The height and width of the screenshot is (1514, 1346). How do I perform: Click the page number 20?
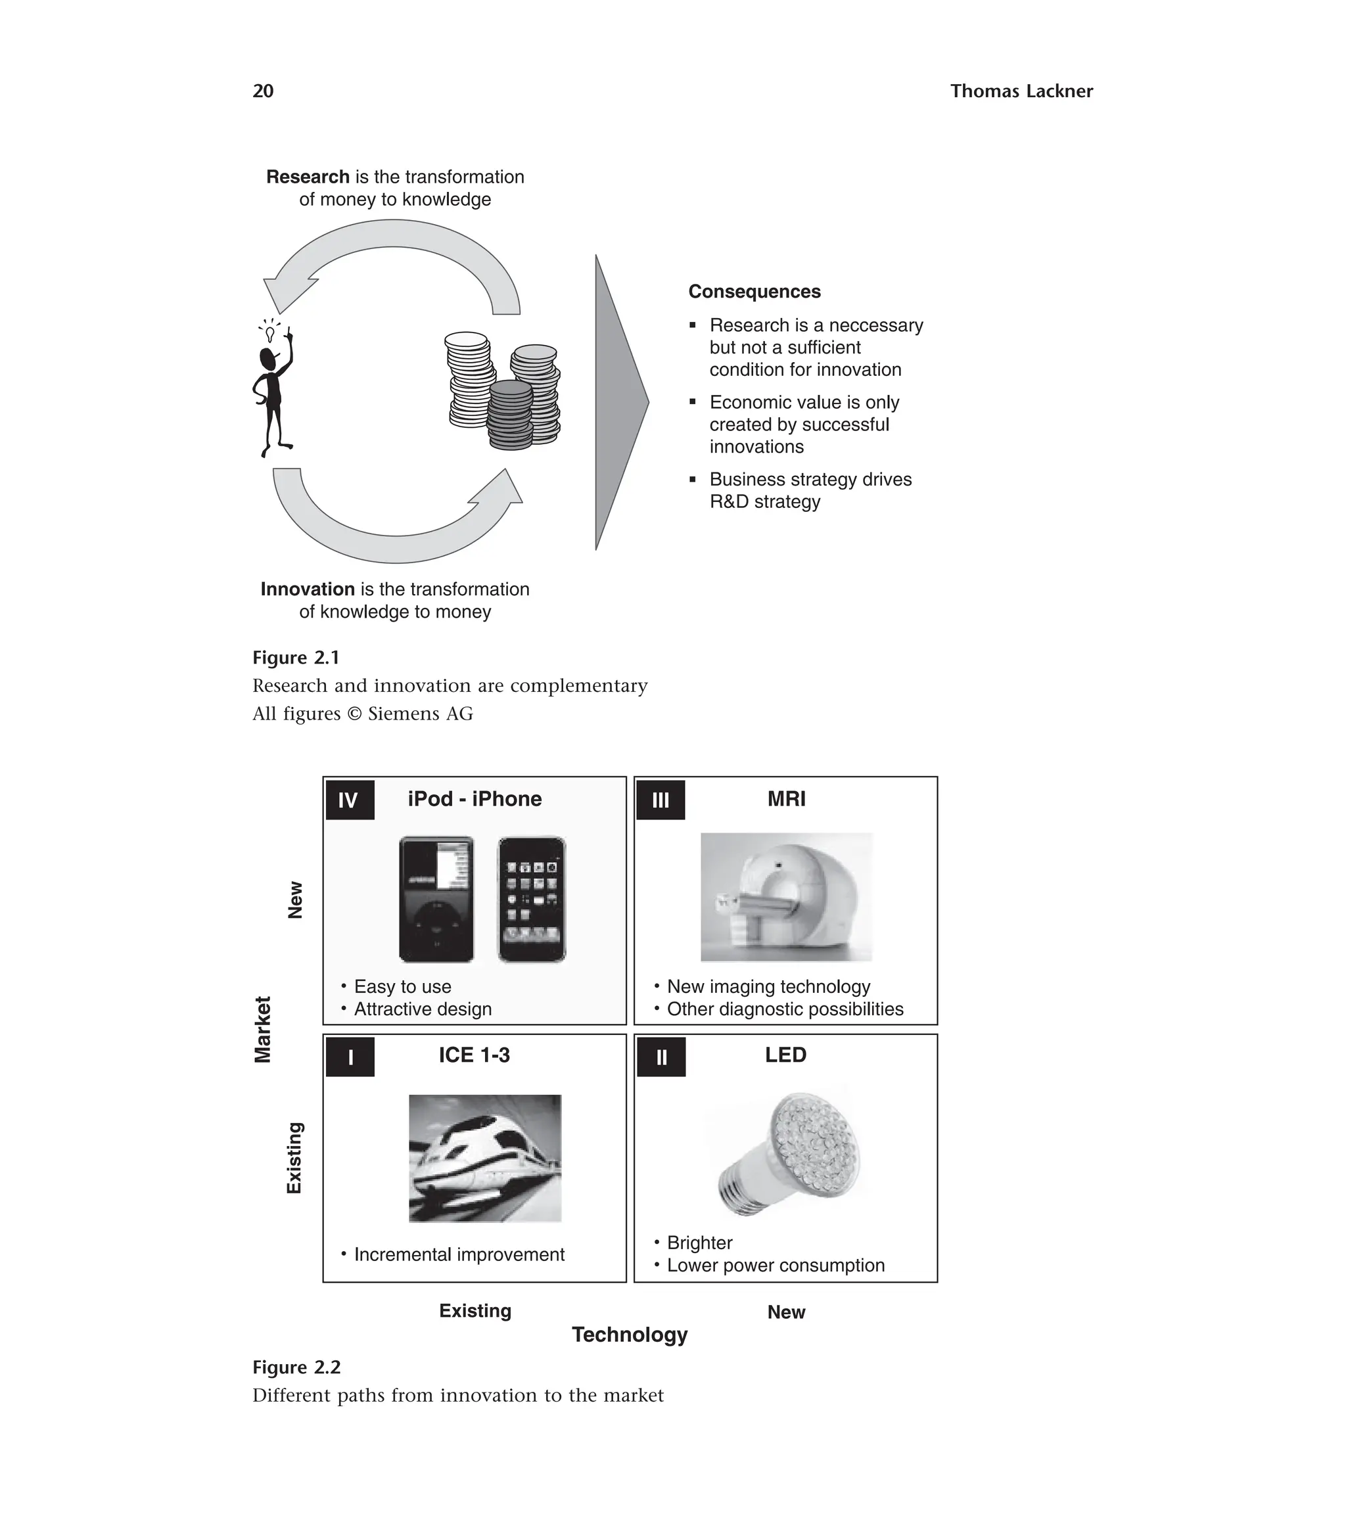pyautogui.click(x=263, y=91)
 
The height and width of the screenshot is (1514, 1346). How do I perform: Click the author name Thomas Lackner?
pyautogui.click(x=1021, y=91)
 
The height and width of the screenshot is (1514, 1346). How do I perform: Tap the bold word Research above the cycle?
pyautogui.click(x=308, y=177)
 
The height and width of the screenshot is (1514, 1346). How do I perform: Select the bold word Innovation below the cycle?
pyautogui.click(x=308, y=589)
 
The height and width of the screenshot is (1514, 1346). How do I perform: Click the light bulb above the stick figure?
pyautogui.click(x=269, y=333)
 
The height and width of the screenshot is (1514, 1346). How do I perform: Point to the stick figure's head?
pyautogui.click(x=268, y=360)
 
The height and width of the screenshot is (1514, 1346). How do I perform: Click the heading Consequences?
pyautogui.click(x=754, y=292)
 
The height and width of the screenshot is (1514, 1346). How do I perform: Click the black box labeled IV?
pyautogui.click(x=350, y=800)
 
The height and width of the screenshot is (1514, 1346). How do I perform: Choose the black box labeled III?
pyautogui.click(x=660, y=800)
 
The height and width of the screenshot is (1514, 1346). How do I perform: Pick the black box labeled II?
pyautogui.click(x=661, y=1057)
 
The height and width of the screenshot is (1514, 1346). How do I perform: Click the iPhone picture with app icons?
pyautogui.click(x=531, y=899)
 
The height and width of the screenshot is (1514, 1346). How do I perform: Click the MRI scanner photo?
pyautogui.click(x=786, y=897)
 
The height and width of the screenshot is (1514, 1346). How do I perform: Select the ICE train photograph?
pyautogui.click(x=484, y=1158)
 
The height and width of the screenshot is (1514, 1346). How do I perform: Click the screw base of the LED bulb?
pyautogui.click(x=742, y=1188)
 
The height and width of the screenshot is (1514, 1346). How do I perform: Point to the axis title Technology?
pyautogui.click(x=630, y=1334)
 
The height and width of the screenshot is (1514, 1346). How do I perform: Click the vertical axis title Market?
pyautogui.click(x=263, y=1029)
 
